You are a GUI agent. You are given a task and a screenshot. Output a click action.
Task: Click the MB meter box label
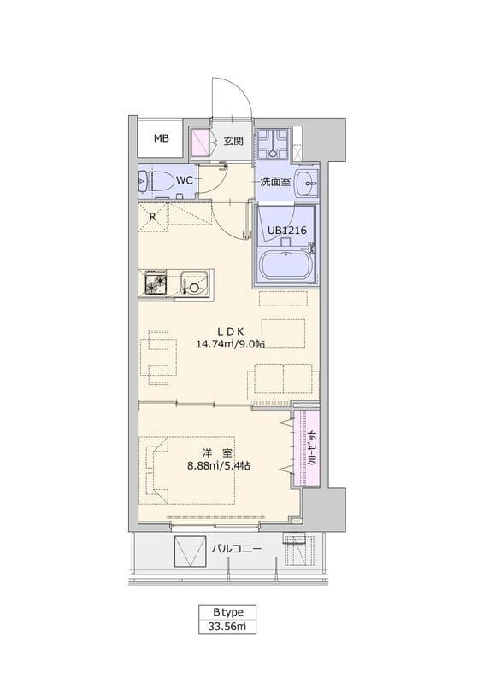click(x=161, y=138)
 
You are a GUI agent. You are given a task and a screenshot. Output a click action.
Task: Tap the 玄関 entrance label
click(x=233, y=141)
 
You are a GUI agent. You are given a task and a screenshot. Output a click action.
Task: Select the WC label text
click(x=185, y=180)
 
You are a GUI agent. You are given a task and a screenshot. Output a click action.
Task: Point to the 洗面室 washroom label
click(x=275, y=182)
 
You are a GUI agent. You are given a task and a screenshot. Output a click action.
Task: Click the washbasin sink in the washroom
click(x=307, y=184)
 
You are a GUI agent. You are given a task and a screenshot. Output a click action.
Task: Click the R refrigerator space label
click(x=153, y=217)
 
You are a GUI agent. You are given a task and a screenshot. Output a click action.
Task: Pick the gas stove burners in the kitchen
click(x=156, y=282)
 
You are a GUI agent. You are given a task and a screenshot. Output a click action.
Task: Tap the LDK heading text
click(x=231, y=331)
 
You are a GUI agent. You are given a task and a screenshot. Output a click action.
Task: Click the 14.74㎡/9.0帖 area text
click(x=230, y=344)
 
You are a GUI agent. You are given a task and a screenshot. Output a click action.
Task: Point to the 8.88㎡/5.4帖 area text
click(x=219, y=465)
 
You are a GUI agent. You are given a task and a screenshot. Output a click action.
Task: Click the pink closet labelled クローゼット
click(x=307, y=449)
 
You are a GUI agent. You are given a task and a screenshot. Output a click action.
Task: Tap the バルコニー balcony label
click(x=237, y=548)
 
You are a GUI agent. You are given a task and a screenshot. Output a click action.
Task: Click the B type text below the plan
click(x=228, y=612)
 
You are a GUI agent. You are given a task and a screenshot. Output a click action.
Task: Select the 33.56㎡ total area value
click(x=227, y=627)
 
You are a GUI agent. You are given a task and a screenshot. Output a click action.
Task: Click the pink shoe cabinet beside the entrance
click(x=201, y=143)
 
